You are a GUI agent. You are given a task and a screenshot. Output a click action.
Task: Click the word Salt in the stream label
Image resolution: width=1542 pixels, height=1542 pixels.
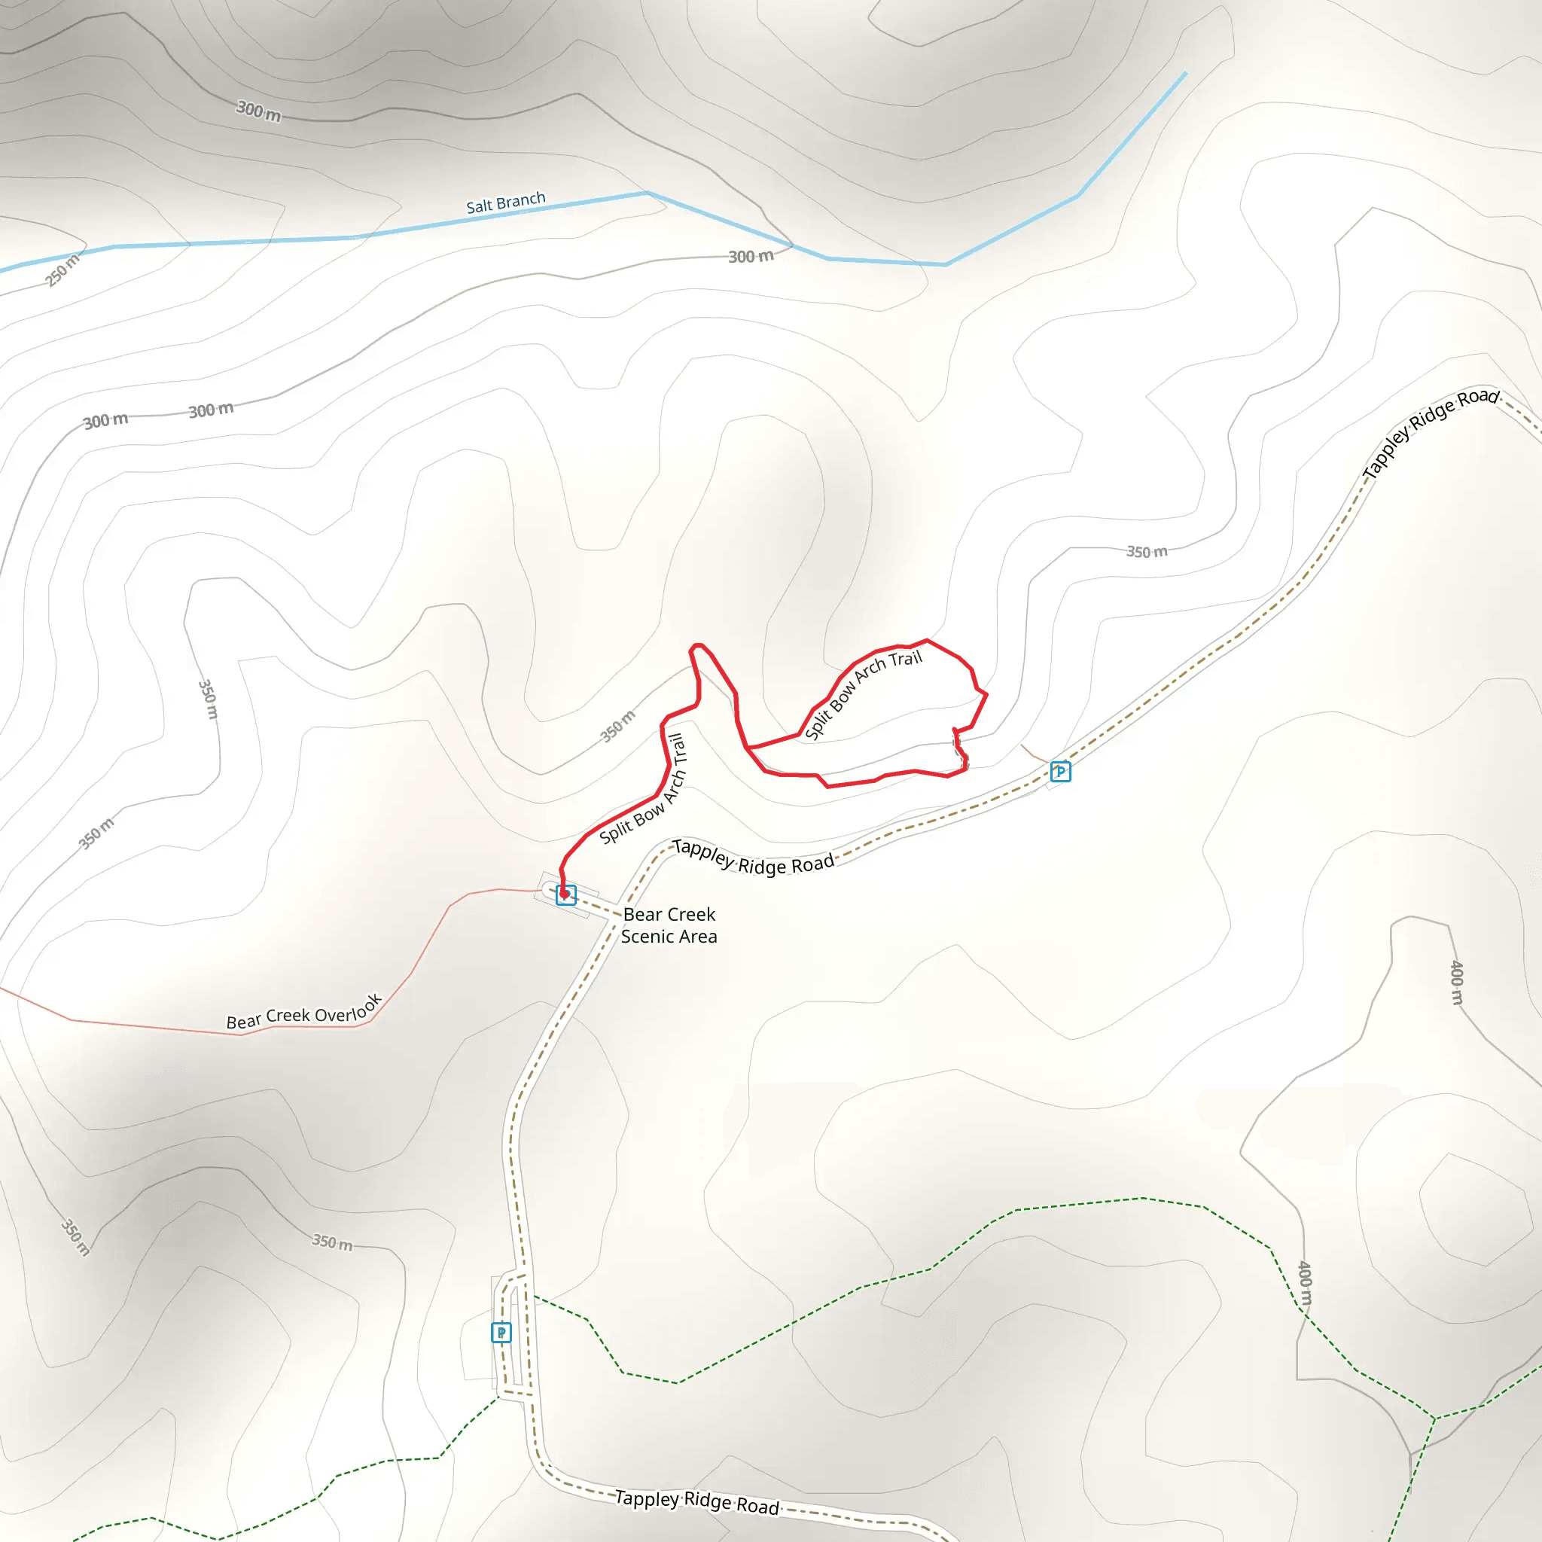coord(479,206)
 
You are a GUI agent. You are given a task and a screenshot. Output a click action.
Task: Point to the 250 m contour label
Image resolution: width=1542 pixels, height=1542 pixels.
coord(62,270)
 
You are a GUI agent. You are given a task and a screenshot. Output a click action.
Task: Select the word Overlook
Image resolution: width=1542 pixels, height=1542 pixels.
coord(349,1010)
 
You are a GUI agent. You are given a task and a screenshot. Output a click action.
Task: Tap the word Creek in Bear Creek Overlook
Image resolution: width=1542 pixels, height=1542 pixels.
coord(288,1016)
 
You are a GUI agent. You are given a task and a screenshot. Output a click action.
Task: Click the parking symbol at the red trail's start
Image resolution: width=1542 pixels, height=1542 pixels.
coord(566,895)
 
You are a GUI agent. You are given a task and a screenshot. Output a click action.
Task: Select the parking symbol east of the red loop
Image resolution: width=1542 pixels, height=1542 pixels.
coord(1060,771)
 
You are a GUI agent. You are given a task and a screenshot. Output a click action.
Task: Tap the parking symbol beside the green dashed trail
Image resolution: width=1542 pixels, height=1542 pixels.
coord(501,1332)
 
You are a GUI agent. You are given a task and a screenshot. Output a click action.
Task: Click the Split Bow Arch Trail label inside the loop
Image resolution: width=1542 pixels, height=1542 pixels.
coord(863,693)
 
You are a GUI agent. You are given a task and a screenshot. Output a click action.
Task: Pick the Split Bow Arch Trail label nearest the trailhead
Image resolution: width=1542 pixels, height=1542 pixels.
coord(643,788)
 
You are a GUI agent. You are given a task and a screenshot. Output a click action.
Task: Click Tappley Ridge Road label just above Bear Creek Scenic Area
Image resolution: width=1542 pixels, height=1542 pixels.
coord(753,857)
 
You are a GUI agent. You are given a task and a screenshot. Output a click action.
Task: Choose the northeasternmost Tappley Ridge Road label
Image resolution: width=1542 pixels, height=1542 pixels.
coord(1432,434)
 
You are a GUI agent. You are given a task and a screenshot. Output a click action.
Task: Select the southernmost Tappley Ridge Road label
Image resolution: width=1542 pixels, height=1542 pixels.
coord(696,1501)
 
